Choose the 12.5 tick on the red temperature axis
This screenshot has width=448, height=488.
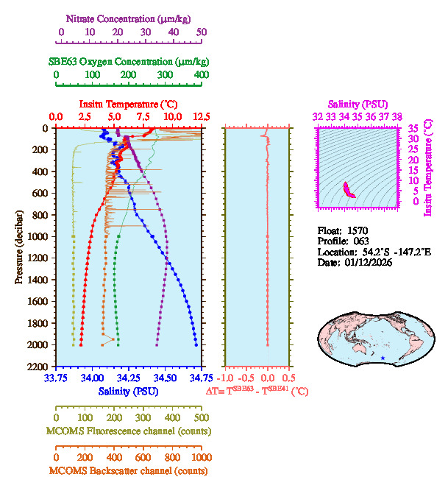202,117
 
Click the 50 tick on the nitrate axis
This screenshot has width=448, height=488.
202,32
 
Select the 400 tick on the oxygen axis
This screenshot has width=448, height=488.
202,75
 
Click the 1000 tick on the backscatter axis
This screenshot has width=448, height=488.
202,457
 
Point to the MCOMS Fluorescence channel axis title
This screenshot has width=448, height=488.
129,431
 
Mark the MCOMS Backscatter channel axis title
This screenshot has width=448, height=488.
129,470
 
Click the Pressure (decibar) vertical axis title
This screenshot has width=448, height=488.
18,247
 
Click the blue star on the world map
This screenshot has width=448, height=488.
383,358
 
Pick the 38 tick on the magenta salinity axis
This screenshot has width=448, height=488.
397,117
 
